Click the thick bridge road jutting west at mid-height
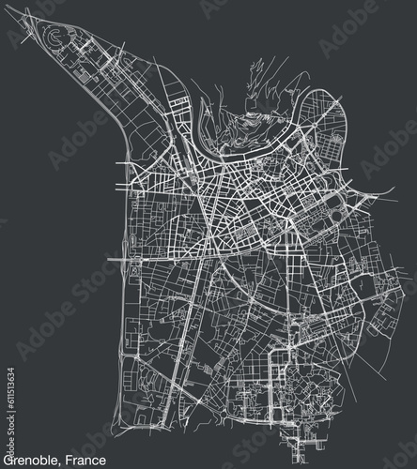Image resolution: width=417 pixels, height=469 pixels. click(117, 255)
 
